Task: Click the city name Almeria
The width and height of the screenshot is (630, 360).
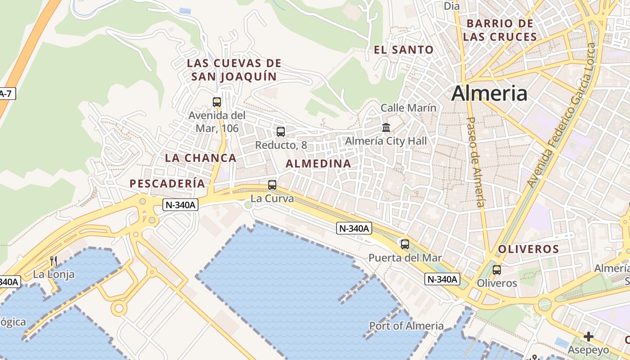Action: pos(489,94)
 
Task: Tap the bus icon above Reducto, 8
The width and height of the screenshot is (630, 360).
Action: pos(281,132)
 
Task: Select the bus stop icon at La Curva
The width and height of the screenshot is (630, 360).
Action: pos(272,185)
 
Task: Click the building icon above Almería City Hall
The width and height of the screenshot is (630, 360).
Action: pos(386,128)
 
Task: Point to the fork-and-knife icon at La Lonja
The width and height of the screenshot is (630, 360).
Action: pos(54,261)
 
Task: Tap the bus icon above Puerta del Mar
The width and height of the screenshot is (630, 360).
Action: pos(405,244)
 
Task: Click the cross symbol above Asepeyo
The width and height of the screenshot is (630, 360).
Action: pos(588,336)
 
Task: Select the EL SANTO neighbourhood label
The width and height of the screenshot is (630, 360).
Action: pos(404,50)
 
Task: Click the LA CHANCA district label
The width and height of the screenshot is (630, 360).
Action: pos(201,158)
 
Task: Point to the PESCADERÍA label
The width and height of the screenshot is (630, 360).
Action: pos(167,184)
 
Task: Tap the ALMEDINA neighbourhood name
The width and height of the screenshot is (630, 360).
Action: pos(319,164)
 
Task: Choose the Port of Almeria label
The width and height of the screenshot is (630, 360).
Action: pos(406,326)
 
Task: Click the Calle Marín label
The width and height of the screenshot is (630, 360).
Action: pos(409,108)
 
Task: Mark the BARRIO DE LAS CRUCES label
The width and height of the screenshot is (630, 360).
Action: pos(500,30)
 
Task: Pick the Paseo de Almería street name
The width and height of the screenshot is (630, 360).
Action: pos(476,162)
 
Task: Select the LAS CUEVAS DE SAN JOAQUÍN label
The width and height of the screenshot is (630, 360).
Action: pos(234,70)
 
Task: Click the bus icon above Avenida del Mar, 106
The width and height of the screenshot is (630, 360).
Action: pos(217,102)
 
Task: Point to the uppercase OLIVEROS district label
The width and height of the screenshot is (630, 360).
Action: pos(528,249)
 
